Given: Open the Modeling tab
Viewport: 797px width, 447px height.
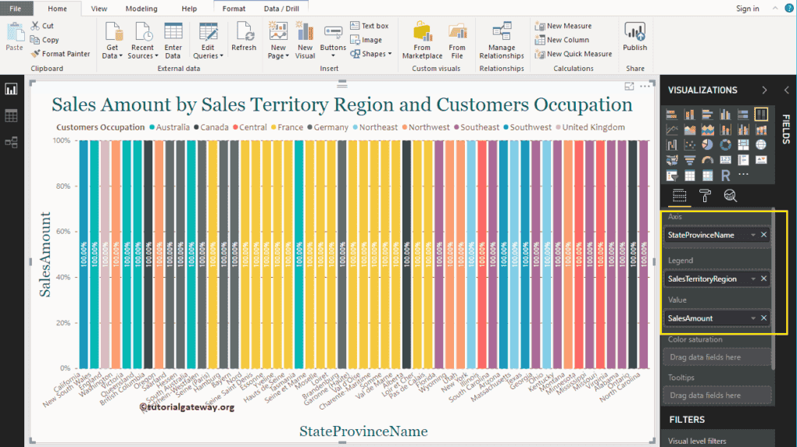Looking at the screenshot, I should tap(141, 9).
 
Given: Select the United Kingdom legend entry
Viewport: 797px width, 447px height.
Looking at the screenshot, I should tap(593, 127).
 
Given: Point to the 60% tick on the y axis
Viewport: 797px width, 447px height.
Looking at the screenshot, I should tap(63, 232).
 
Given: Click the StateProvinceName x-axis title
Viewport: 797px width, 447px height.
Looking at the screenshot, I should tap(363, 431).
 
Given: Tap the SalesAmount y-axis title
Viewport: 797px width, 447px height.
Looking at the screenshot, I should tap(45, 254).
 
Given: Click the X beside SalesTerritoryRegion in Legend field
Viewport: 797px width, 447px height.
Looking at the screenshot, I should tap(763, 278).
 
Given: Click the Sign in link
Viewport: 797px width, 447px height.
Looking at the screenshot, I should tap(747, 9).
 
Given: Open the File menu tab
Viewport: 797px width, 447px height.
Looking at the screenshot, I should tap(16, 9).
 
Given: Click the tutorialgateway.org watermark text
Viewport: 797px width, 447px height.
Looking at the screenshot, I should tap(188, 406).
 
